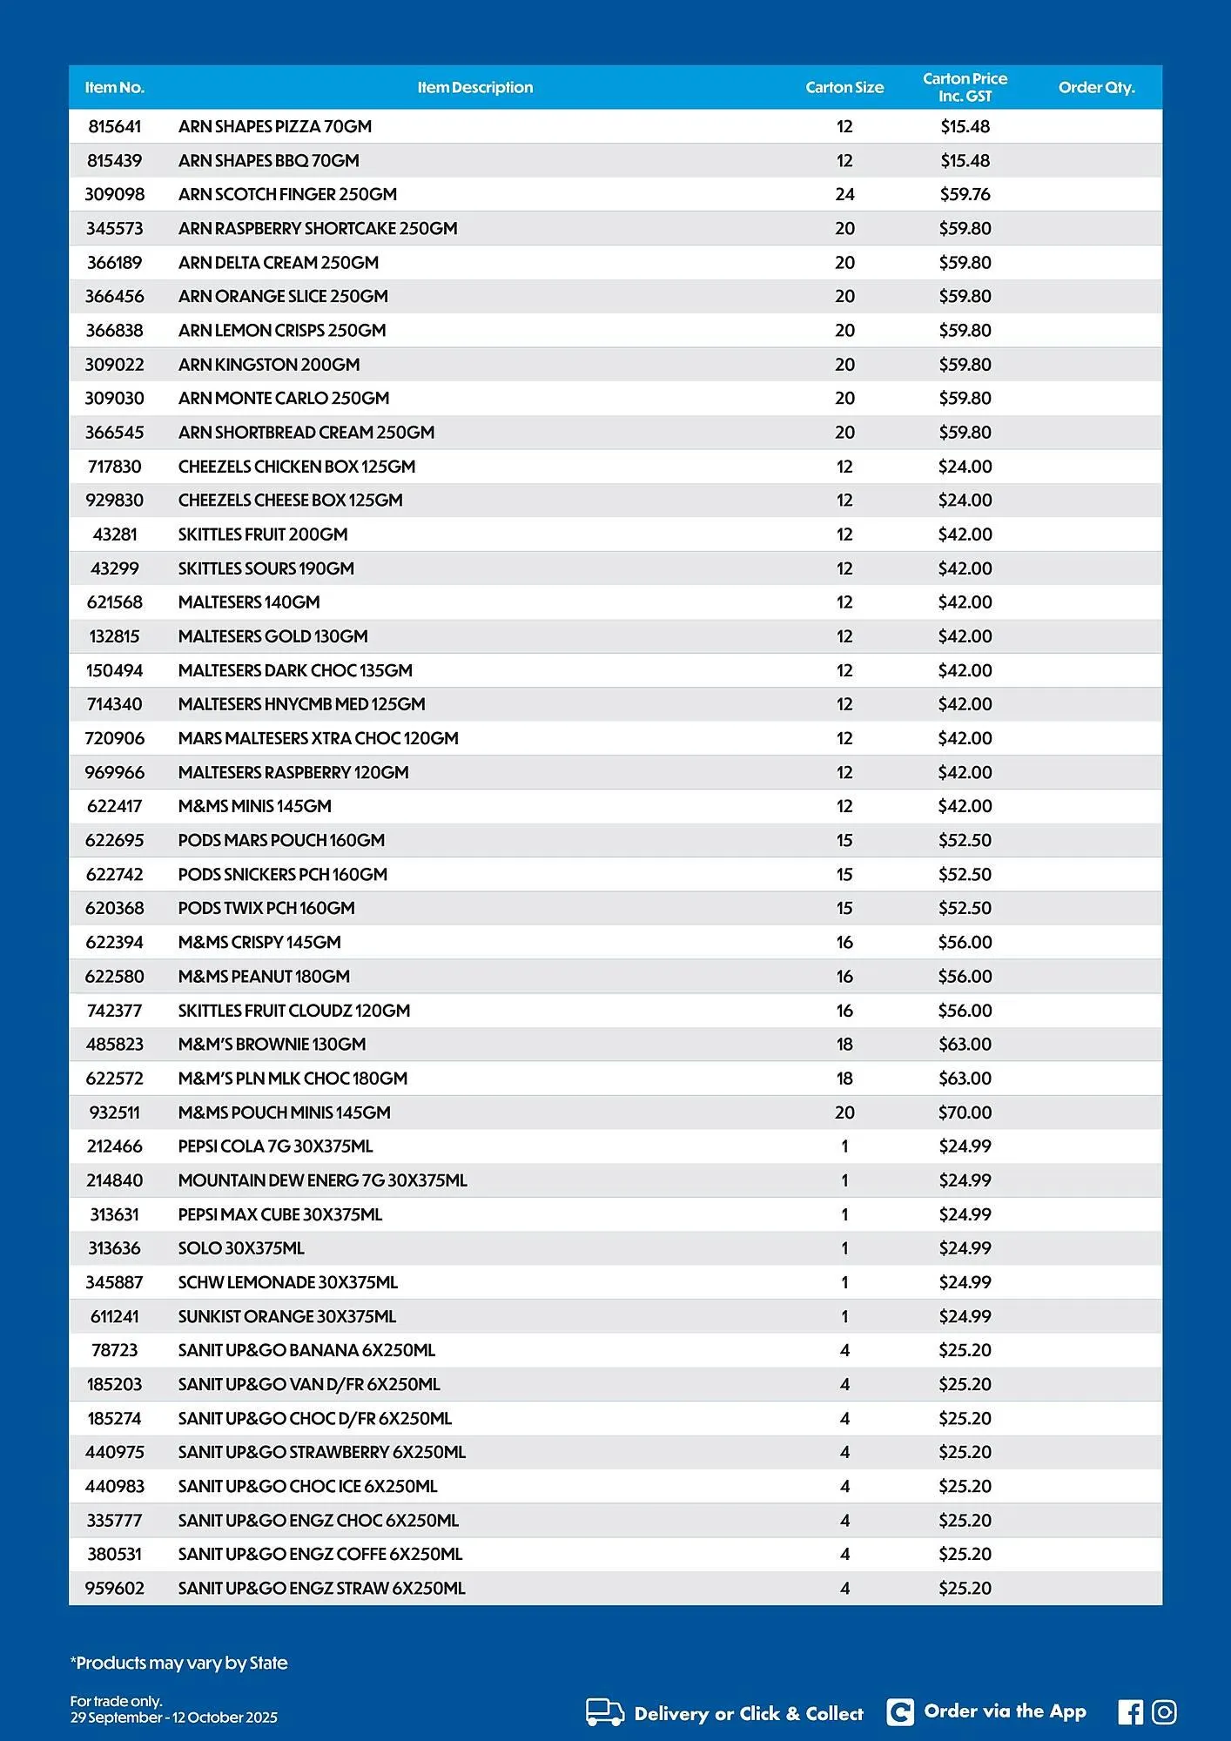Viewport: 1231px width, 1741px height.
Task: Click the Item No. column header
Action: tap(114, 88)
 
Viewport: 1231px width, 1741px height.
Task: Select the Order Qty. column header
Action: tap(1096, 88)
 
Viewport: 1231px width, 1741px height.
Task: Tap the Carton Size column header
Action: tap(844, 88)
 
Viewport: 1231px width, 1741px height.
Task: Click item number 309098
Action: tap(114, 194)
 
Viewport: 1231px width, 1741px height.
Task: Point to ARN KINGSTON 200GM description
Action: tap(268, 365)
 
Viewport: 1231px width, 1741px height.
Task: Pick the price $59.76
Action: tap(965, 194)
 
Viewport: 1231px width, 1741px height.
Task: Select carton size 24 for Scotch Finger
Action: tap(844, 194)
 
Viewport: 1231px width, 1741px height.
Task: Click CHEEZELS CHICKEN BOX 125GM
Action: tap(296, 467)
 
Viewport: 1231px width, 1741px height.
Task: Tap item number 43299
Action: tap(114, 568)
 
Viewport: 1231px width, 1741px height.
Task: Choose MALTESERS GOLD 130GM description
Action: tap(272, 636)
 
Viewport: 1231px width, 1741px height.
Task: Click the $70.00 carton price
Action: tap(965, 1112)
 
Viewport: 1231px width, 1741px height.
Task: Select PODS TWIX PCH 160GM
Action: tap(266, 908)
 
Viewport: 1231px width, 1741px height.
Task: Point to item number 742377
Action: tap(114, 1011)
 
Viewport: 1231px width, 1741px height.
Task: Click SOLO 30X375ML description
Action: tap(241, 1248)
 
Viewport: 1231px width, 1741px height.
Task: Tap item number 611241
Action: tap(114, 1316)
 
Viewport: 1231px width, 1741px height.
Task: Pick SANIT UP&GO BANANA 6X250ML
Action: tap(306, 1350)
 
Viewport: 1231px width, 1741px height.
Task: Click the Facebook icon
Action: tap(1130, 1712)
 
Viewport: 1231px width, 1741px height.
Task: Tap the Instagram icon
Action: tap(1164, 1712)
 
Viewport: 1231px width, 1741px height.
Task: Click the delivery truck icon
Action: tap(604, 1712)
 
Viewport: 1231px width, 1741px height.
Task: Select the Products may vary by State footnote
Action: tap(178, 1663)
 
